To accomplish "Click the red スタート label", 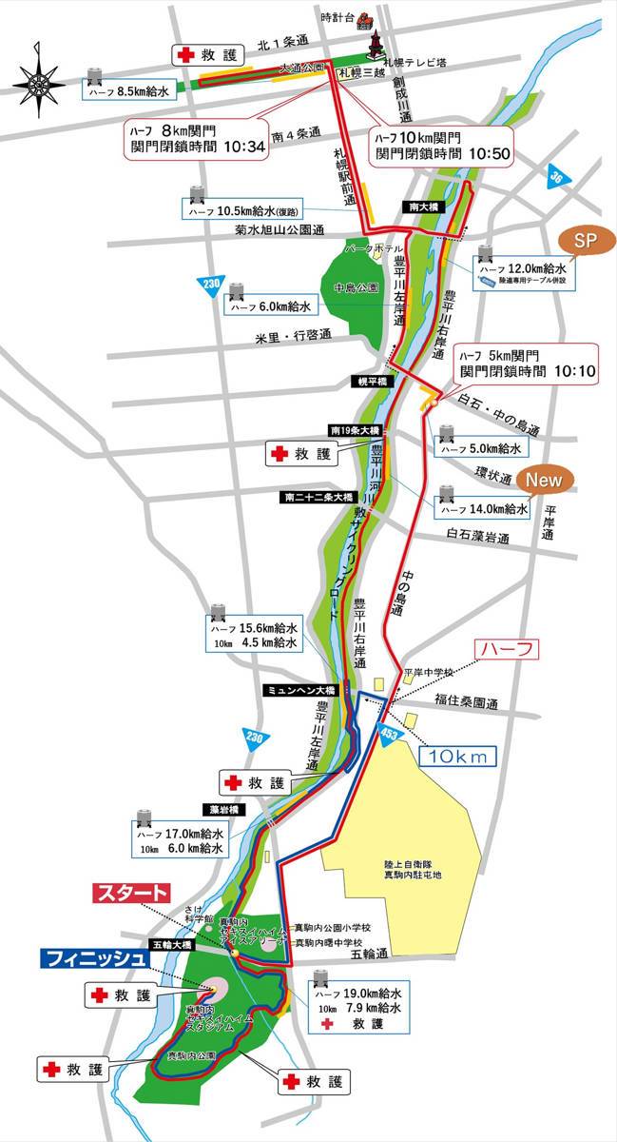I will (x=132, y=894).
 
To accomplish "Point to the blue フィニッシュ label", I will (x=93, y=958).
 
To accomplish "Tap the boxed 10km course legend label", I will (x=459, y=756).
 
